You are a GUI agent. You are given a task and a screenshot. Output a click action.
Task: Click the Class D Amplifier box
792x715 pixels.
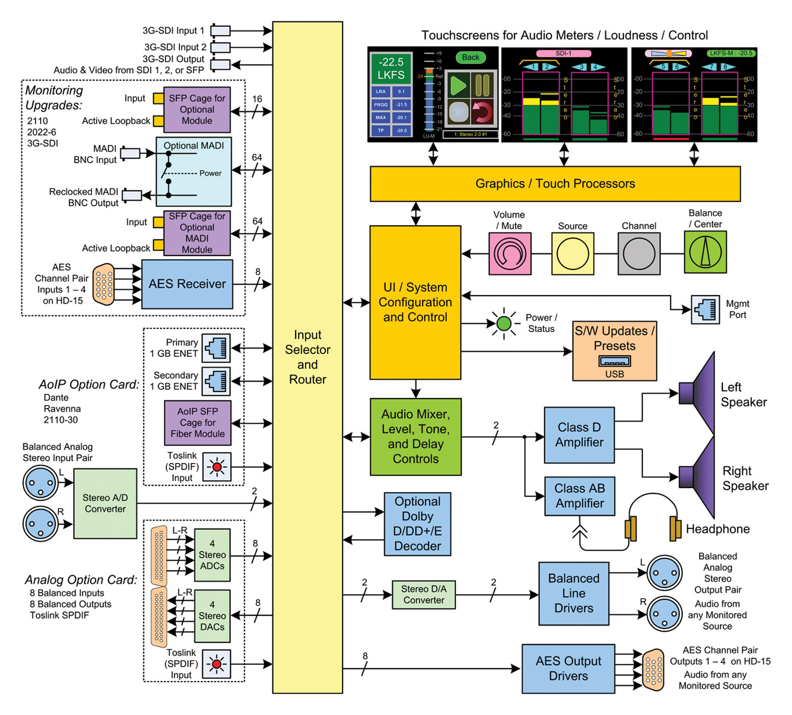click(579, 436)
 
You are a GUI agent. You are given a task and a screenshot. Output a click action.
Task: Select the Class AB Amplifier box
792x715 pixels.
click(579, 496)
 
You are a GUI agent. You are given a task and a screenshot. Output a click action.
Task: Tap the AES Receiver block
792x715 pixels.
click(187, 284)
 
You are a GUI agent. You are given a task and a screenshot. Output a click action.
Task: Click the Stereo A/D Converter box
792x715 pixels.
click(105, 503)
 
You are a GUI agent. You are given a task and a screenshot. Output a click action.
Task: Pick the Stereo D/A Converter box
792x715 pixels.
click(423, 595)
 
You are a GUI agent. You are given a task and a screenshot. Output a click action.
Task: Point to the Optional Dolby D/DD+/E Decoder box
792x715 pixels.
click(417, 524)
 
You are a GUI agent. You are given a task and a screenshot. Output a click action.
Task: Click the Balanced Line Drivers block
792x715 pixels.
click(573, 593)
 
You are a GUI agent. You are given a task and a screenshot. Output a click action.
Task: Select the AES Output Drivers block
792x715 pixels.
click(568, 669)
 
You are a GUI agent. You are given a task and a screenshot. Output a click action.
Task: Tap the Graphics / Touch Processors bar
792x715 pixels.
click(555, 184)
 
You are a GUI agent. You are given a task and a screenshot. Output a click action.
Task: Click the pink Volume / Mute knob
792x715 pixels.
click(510, 253)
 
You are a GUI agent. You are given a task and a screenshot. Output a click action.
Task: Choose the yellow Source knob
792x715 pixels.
click(572, 253)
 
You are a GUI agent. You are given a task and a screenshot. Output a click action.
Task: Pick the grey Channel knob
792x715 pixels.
click(639, 253)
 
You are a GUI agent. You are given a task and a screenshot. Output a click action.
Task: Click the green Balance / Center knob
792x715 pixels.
click(705, 253)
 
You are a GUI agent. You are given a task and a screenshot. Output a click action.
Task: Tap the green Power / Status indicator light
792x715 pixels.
click(504, 324)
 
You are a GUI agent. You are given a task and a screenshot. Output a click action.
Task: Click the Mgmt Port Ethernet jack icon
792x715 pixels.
click(705, 310)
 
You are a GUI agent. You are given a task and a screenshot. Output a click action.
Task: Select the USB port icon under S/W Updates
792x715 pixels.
click(614, 361)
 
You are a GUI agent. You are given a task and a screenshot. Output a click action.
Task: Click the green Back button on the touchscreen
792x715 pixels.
click(470, 58)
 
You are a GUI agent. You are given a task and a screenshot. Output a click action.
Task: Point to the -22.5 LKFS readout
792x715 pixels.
click(391, 69)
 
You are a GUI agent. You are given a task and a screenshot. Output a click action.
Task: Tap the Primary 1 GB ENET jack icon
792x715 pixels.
click(216, 348)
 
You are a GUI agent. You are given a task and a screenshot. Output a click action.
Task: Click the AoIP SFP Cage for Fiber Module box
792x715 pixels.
click(197, 422)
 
